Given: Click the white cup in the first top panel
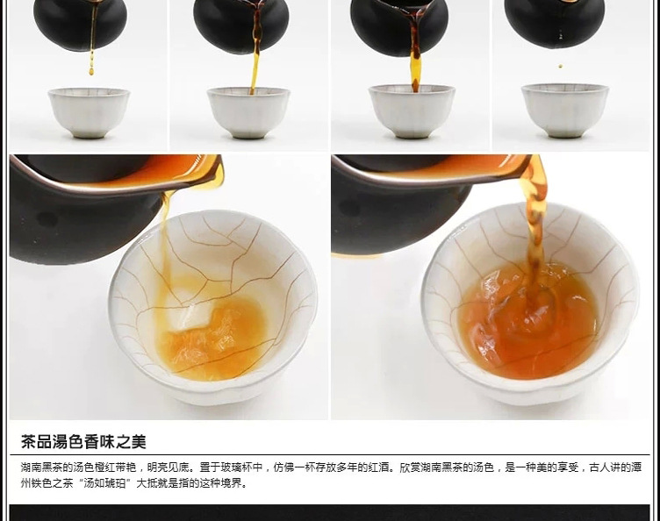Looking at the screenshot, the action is (x=89, y=112).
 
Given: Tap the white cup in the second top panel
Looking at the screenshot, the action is (x=248, y=112).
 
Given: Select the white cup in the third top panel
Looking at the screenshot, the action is (x=412, y=111).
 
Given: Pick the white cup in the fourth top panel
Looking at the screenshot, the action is (x=565, y=111).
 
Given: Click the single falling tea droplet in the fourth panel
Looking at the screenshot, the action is (x=560, y=66).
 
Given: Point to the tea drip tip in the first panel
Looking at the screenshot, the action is (x=91, y=72).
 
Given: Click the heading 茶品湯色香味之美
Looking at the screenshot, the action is (x=83, y=442).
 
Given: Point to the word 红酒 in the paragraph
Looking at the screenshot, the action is (x=378, y=467).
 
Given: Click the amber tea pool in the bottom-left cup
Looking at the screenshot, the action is (x=215, y=337).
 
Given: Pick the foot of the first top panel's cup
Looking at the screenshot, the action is (x=89, y=135).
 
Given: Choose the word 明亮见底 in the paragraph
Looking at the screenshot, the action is (x=168, y=467).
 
